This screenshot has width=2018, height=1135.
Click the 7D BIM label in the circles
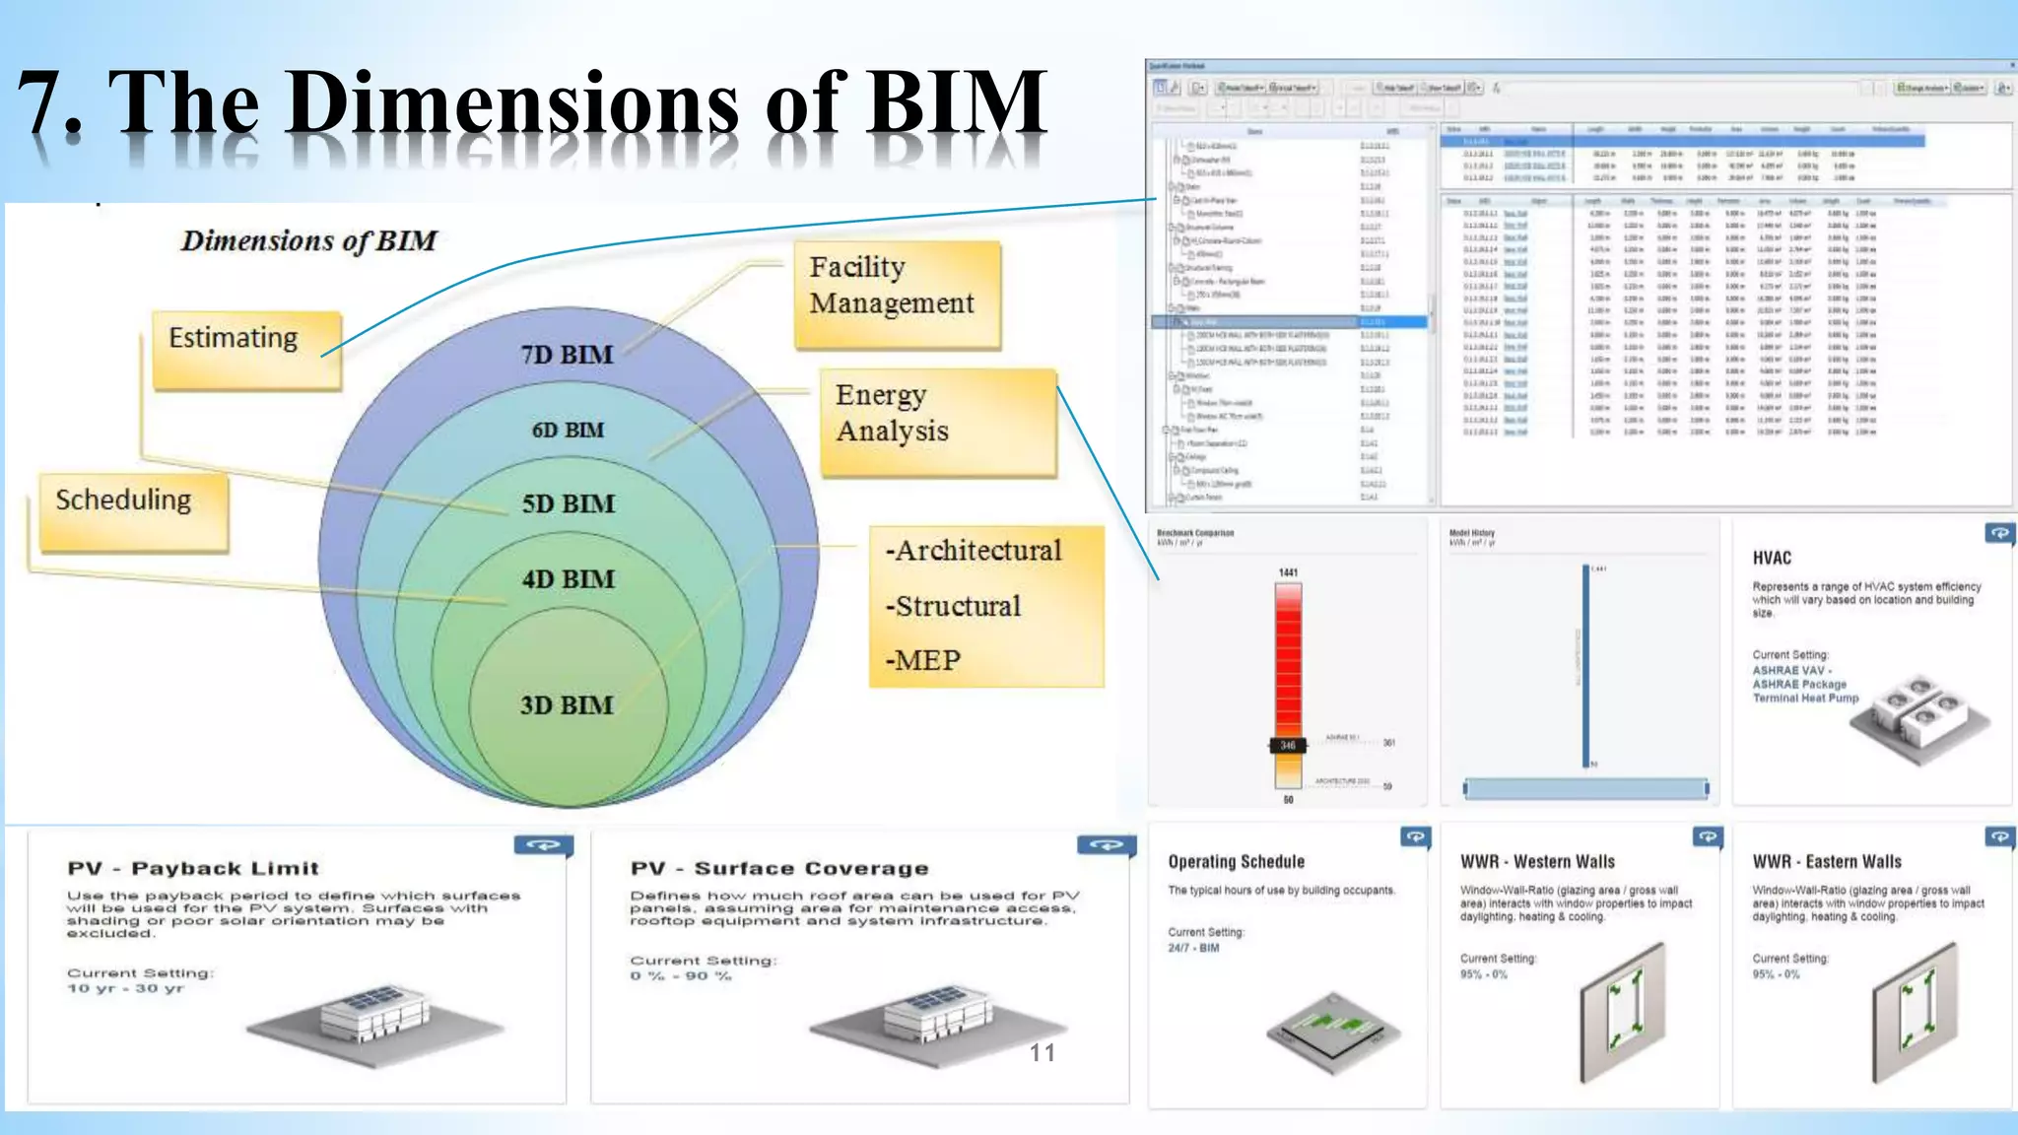tap(567, 355)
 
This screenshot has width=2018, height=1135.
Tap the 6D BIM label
tap(568, 431)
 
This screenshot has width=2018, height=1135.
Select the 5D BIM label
tap(568, 504)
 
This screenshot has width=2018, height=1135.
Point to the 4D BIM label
tap(568, 579)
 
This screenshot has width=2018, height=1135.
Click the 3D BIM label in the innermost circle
tap(567, 705)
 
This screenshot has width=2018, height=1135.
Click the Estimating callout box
tap(245, 351)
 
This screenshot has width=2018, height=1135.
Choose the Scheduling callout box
tap(133, 511)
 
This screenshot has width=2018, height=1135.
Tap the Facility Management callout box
tap(897, 296)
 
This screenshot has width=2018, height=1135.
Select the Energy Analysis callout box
tap(937, 423)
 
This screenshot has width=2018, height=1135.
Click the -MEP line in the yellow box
tap(922, 660)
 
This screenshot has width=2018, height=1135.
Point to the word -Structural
tap(953, 606)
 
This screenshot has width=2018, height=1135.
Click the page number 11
tap(1042, 1052)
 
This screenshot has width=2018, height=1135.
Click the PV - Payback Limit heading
tap(193, 868)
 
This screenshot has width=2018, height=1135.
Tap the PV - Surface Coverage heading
tap(779, 868)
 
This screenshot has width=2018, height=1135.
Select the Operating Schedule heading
tap(1236, 862)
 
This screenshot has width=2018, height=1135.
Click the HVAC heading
tap(1772, 558)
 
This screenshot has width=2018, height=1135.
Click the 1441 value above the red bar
tap(1288, 572)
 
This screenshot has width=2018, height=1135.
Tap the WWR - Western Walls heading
tap(1537, 862)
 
